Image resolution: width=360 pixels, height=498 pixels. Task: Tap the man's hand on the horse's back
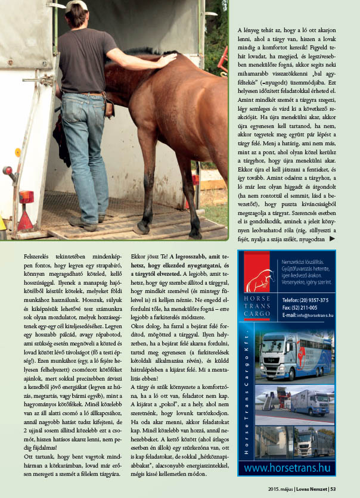coord(169,60)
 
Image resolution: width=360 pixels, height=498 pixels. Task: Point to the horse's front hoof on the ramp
coord(141,228)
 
